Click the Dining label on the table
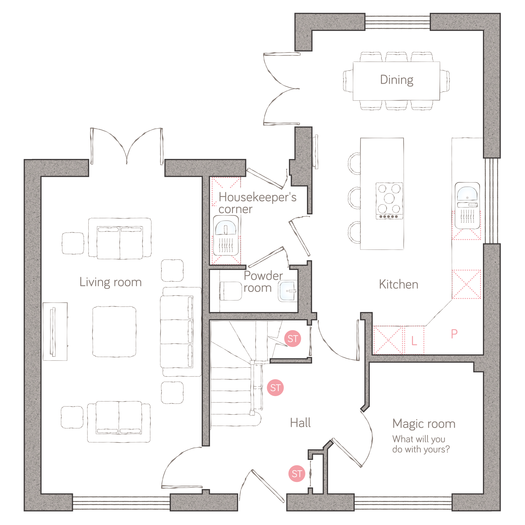pos(396,80)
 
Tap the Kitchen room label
pos(398,284)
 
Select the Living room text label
pos(110,282)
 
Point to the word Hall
pos(300,423)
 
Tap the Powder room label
pos(263,282)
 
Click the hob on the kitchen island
pos(389,201)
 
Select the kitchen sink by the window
pos(467,206)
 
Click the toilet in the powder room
pos(230,291)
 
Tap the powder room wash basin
pos(288,291)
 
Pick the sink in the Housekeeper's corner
pos(226,235)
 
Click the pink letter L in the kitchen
pos(414,340)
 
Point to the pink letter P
pos(454,334)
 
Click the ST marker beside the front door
pos(297,474)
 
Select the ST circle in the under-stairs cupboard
pos(292,339)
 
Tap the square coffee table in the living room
pos(114,332)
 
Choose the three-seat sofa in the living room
pos(181,332)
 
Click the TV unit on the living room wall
pos(55,332)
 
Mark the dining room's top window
pos(397,22)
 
